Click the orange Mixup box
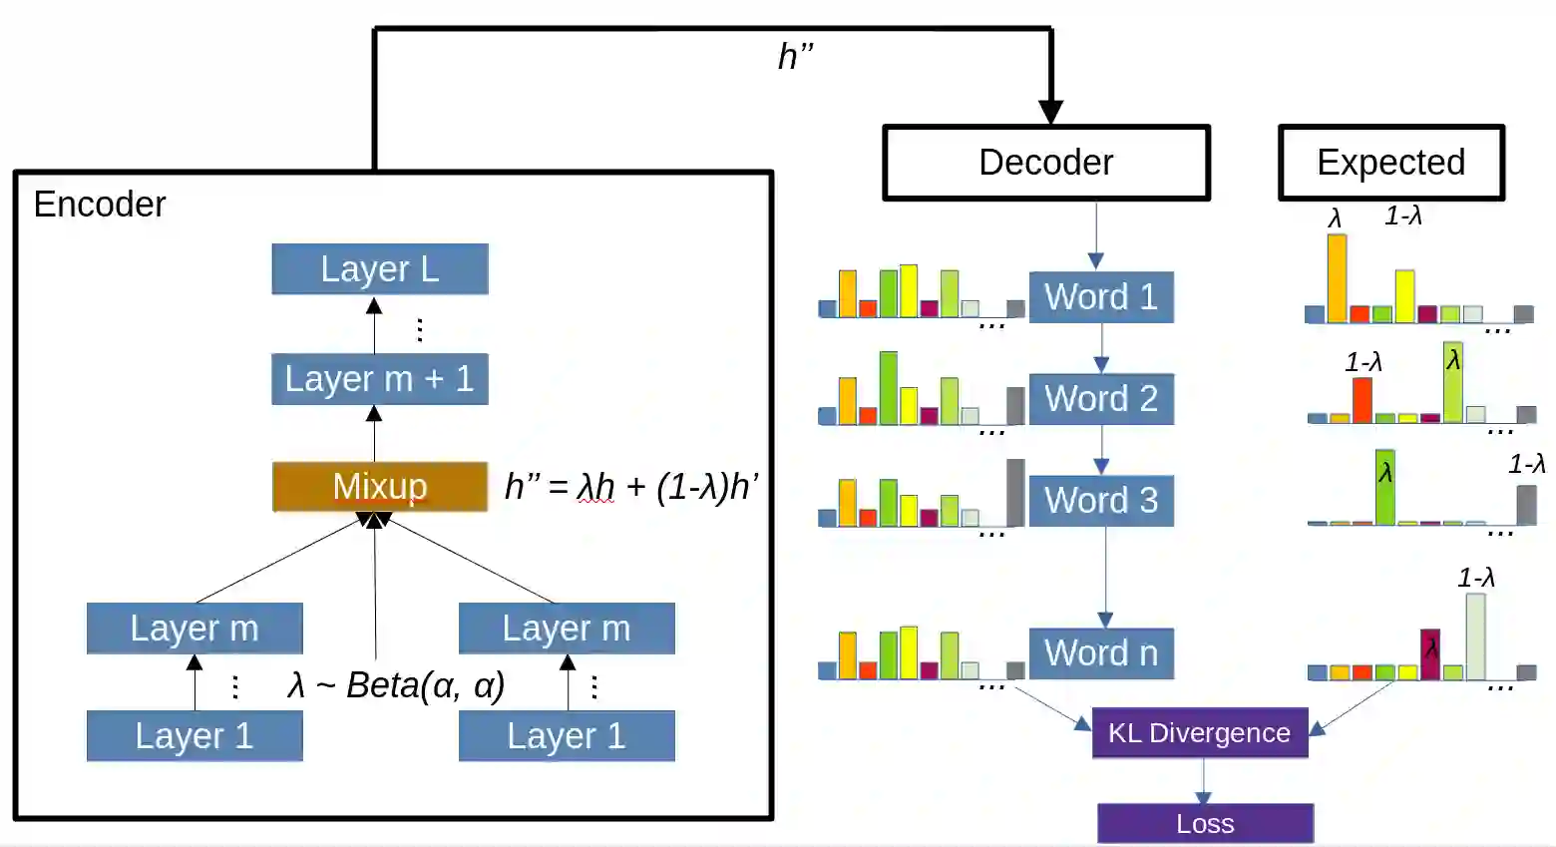point(380,487)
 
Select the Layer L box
point(380,269)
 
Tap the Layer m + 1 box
point(380,379)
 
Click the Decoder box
point(1046,163)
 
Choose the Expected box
point(1391,163)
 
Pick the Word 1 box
point(1101,297)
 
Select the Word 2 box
point(1101,399)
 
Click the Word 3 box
point(1101,501)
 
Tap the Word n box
point(1101,653)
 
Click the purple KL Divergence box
point(1200,733)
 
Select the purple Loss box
point(1205,824)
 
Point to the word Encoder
point(100,205)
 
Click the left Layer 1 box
point(194,736)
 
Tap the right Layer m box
point(567,629)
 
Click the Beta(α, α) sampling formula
point(397,686)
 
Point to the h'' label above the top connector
point(795,57)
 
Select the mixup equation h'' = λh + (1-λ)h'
point(631,487)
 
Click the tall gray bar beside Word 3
point(1015,492)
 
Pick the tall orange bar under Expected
point(1337,277)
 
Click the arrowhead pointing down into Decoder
point(1050,111)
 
